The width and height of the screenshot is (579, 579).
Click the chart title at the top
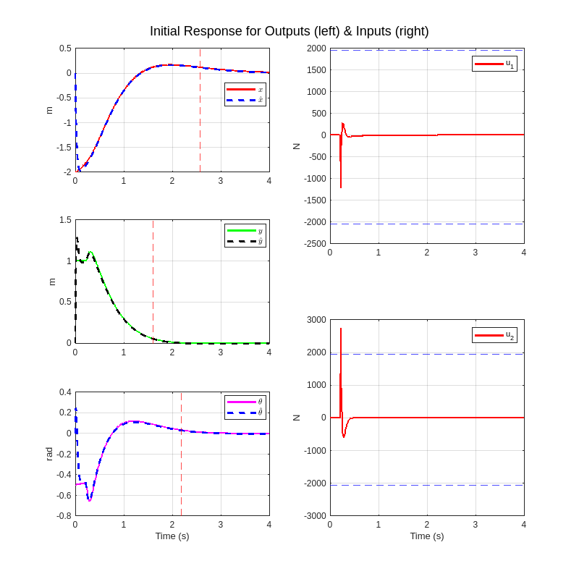tap(289, 31)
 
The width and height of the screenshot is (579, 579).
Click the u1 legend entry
tap(494, 64)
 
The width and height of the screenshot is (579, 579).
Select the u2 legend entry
tap(494, 335)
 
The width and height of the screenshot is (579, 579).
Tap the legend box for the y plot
tap(245, 235)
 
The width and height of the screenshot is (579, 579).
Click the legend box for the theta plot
tap(245, 407)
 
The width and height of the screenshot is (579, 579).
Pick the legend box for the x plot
tap(245, 94)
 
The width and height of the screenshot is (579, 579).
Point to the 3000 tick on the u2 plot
tap(316, 320)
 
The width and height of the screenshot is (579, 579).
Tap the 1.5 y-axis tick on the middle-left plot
tap(65, 220)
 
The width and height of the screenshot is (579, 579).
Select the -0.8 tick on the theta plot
tap(64, 516)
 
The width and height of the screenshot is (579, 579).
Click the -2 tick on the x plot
tap(67, 172)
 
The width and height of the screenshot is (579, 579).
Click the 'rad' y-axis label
tap(49, 454)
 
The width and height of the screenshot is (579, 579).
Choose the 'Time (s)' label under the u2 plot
tap(427, 536)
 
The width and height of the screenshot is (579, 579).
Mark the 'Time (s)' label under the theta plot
tap(172, 536)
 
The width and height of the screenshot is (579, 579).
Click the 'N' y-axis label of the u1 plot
tap(296, 146)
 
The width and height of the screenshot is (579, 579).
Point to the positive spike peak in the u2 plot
tap(341, 329)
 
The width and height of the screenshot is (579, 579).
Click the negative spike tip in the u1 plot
tap(341, 187)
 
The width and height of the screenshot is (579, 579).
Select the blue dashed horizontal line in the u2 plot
tap(434, 485)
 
